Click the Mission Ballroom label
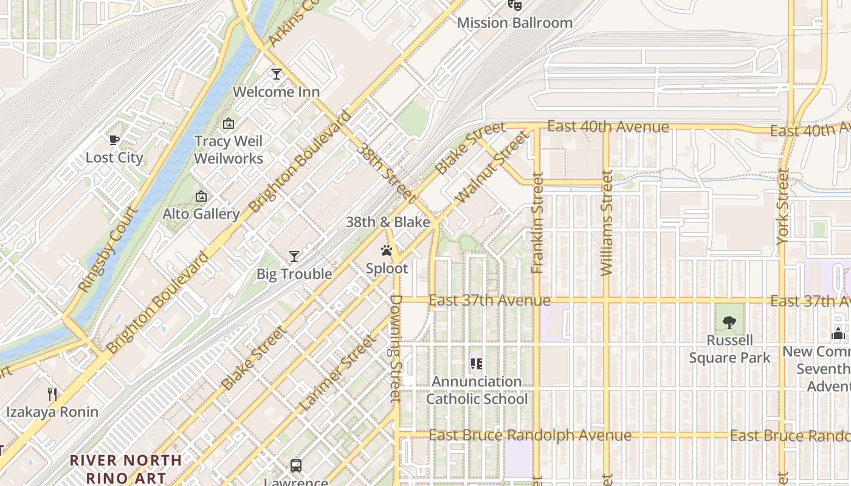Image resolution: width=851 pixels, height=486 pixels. (514, 23)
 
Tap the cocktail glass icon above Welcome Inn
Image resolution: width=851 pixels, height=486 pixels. (277, 74)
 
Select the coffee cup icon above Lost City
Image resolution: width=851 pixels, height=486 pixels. (114, 140)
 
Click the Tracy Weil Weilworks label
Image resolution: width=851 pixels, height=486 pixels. (229, 150)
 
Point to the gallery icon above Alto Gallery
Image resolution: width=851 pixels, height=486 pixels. (201, 196)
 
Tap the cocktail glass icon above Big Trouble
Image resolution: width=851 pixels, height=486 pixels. (294, 256)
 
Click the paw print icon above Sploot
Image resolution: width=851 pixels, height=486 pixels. (386, 250)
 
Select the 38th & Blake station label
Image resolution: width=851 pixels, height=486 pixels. (388, 222)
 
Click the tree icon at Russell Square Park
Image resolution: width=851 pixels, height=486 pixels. (729, 323)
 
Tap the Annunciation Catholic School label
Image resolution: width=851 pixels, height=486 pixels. (477, 390)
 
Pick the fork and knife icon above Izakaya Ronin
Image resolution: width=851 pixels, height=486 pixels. (52, 394)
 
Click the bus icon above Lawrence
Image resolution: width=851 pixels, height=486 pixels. (296, 466)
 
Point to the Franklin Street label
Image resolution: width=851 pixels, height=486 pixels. (537, 222)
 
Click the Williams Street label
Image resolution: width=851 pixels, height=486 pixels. (607, 222)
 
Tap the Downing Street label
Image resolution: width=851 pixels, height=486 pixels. (396, 348)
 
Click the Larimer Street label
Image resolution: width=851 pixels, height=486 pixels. (338, 372)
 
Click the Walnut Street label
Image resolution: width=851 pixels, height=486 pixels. (491, 168)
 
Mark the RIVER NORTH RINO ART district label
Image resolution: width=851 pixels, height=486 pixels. (125, 469)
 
